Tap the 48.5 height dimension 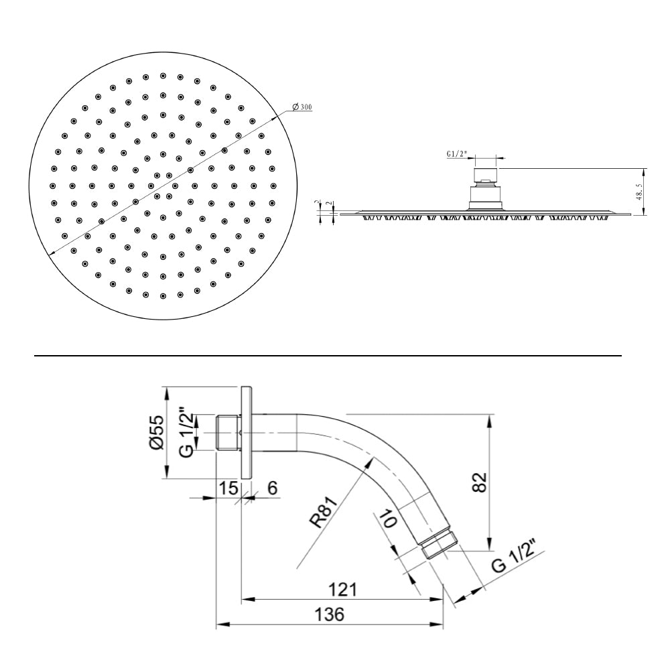(641, 192)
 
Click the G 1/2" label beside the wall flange (188, 433)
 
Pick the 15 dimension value (228, 488)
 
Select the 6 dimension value (272, 488)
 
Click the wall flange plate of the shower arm (246, 432)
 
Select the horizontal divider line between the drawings (328, 355)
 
